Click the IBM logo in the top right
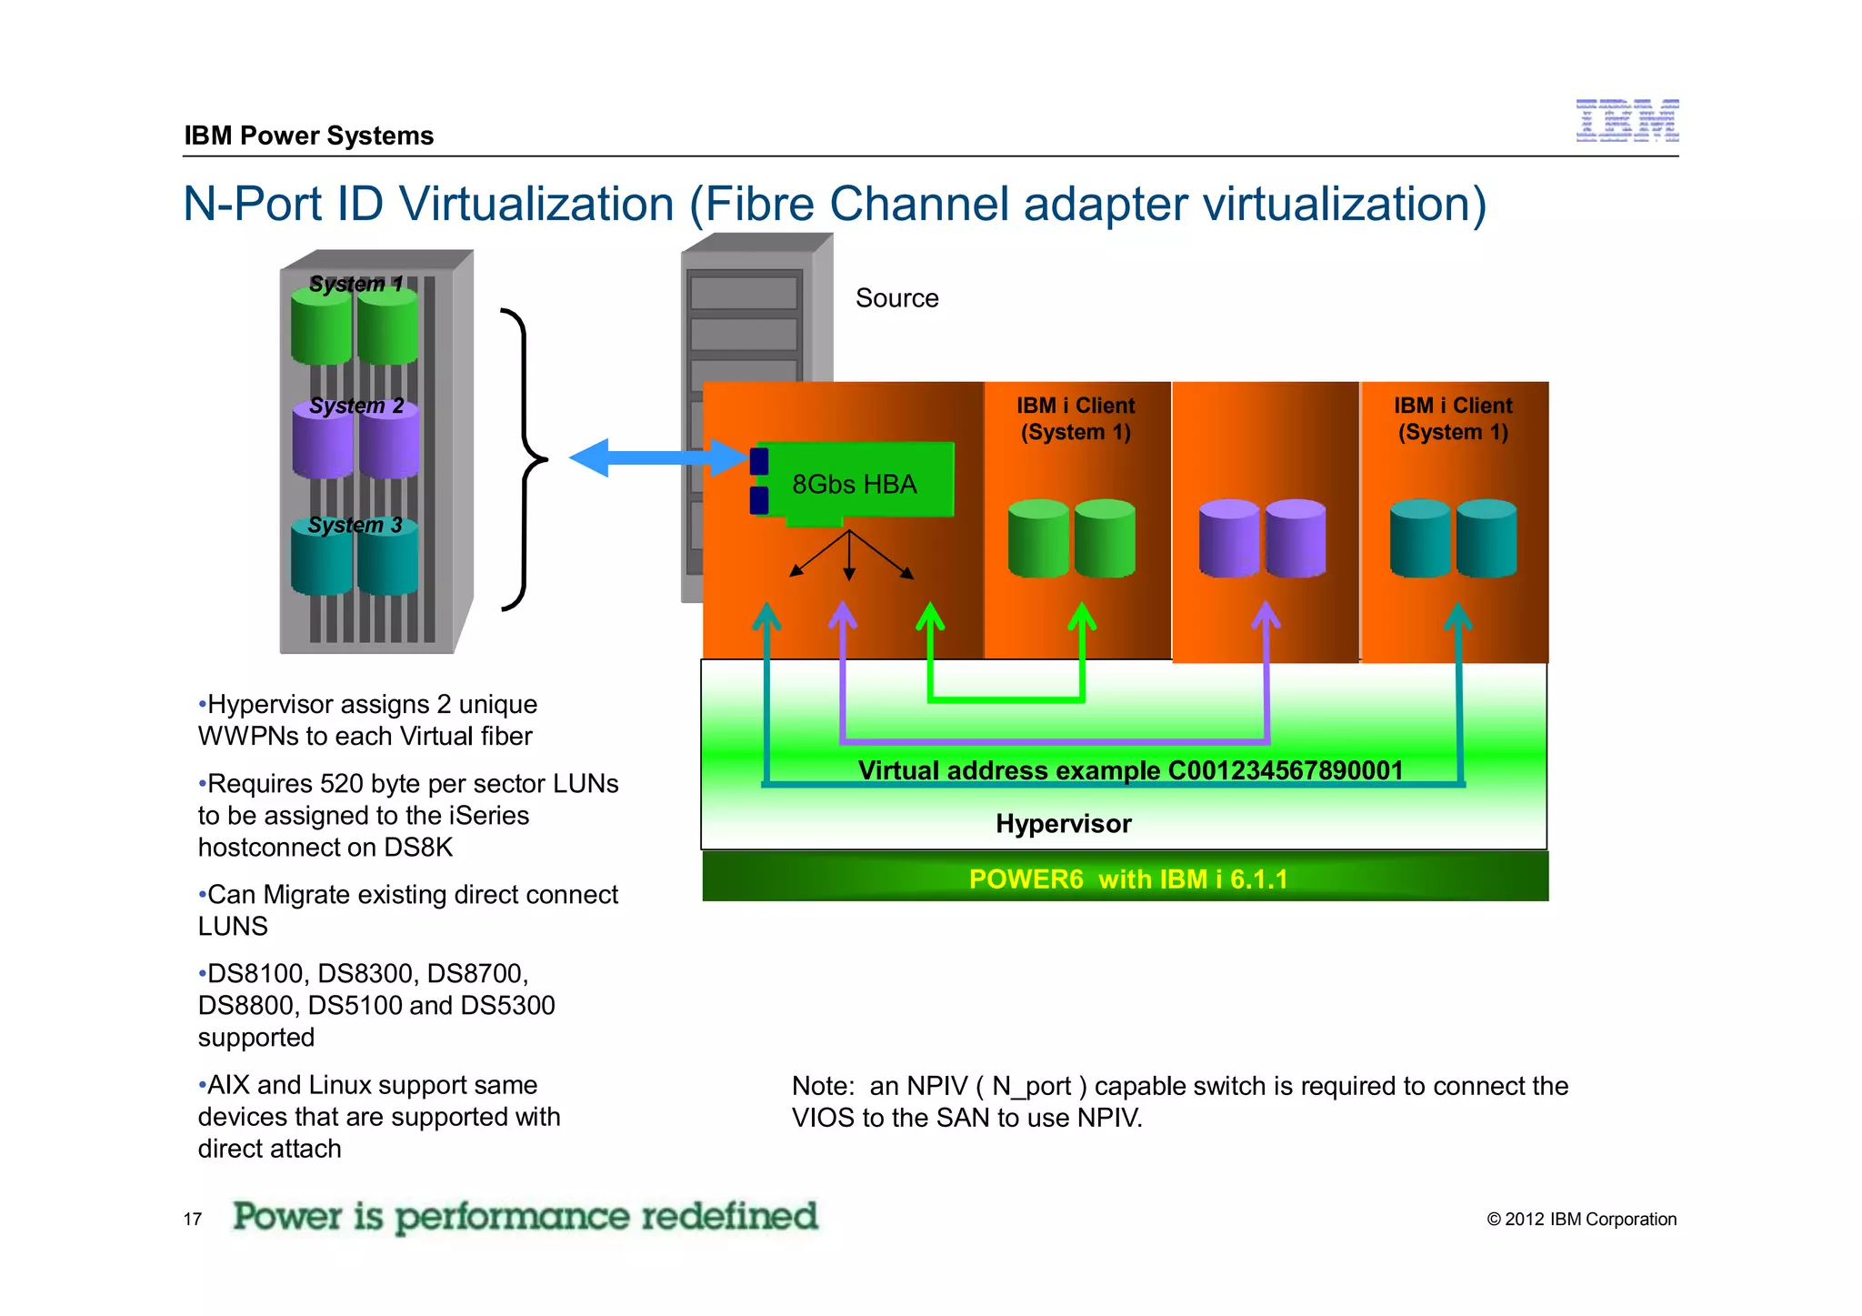click(1627, 121)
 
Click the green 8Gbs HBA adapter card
click(855, 482)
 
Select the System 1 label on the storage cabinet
click(355, 284)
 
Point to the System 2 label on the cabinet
click(356, 406)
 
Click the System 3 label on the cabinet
click(355, 525)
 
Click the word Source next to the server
click(896, 298)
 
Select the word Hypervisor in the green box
click(1063, 823)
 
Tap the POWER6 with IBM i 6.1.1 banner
click(1127, 879)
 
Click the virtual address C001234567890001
click(1285, 770)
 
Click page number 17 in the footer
click(193, 1219)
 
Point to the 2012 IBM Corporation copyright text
click(1581, 1219)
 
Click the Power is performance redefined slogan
click(525, 1216)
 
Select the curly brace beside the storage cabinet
click(525, 459)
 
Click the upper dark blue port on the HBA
click(759, 461)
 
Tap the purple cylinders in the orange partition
click(1262, 538)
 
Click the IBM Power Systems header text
click(309, 136)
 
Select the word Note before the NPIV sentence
click(822, 1086)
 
